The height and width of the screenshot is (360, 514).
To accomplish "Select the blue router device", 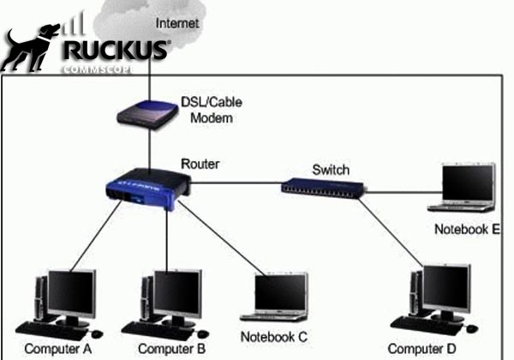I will pos(146,189).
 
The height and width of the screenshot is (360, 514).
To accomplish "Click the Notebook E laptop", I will pos(463,189).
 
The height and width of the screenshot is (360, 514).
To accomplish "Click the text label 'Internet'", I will pos(178,23).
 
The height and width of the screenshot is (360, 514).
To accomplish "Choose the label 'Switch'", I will pos(331,170).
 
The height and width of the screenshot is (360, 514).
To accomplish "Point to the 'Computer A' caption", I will pos(58,349).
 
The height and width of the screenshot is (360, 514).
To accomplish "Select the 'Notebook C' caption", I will pos(272,336).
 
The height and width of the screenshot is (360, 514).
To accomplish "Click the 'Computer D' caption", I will pos(421,349).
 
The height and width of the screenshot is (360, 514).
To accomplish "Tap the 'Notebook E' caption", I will pos(467,229).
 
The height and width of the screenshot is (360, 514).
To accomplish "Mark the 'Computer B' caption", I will pos(171,349).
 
